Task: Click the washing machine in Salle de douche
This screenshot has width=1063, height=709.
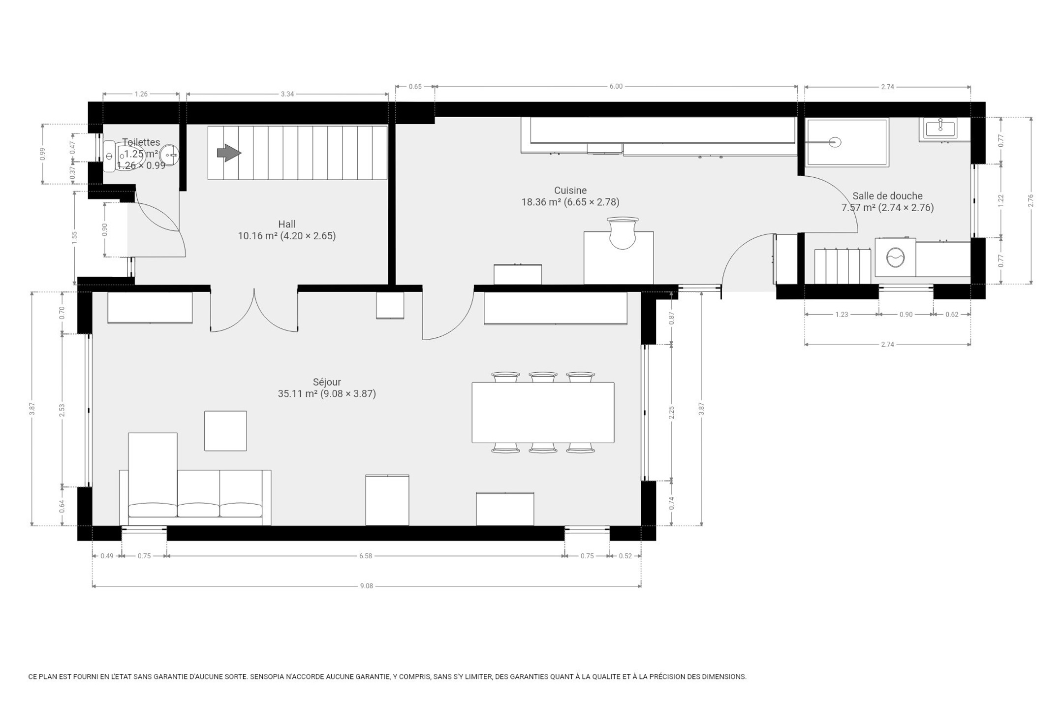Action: (895, 257)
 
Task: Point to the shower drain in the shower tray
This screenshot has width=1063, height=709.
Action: (835, 142)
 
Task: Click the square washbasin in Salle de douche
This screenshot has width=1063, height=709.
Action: (940, 129)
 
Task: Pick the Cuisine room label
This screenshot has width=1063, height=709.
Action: (570, 191)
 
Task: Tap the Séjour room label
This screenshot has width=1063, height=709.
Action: (327, 382)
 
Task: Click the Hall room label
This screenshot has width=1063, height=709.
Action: (287, 225)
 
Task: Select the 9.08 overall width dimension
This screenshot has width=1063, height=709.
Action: (366, 586)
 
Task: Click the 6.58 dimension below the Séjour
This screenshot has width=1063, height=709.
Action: (365, 556)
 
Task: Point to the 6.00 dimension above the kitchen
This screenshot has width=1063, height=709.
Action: (616, 86)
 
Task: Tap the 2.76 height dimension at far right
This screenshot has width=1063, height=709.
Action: (1031, 200)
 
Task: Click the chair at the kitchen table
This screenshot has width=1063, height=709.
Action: (623, 233)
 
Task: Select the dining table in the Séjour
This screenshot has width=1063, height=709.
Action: (543, 413)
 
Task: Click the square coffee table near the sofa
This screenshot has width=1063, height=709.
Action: (225, 431)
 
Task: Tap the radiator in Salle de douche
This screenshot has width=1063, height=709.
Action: (843, 266)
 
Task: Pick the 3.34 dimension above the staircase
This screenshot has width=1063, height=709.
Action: (287, 94)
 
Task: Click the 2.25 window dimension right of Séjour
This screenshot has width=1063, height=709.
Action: (671, 413)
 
